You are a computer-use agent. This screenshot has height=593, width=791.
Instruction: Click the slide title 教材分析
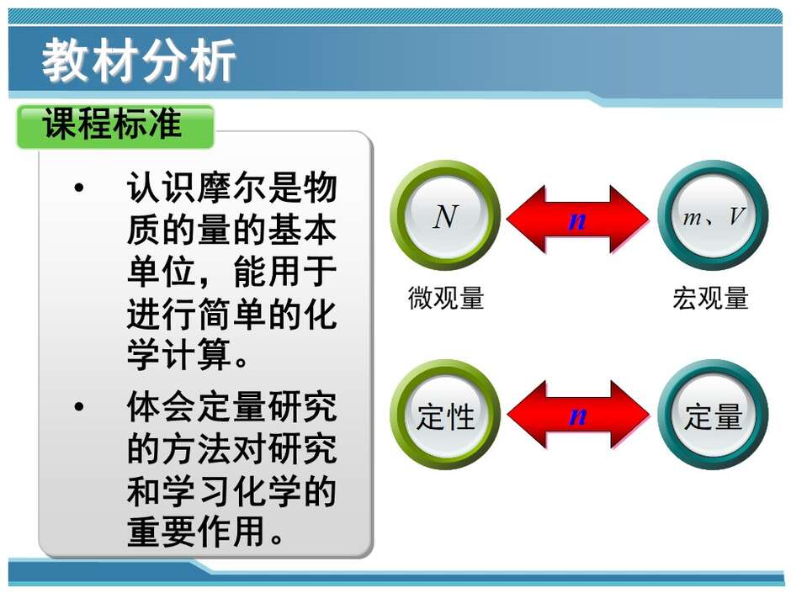[x=139, y=60]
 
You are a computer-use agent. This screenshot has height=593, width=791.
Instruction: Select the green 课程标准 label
[x=115, y=126]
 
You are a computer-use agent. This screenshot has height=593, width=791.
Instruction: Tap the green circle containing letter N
[x=445, y=215]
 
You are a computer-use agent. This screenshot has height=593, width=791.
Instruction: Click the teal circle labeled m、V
[x=713, y=215]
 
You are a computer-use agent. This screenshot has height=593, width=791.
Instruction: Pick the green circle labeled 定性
[x=445, y=415]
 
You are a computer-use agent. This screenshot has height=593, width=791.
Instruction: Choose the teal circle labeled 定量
[x=713, y=415]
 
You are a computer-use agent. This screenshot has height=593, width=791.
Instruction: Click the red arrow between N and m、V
[x=577, y=220]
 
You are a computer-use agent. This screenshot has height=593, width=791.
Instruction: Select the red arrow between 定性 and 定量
[x=577, y=415]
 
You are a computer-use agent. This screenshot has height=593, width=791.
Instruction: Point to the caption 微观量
[x=446, y=298]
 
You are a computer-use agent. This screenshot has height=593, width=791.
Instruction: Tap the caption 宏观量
[x=710, y=298]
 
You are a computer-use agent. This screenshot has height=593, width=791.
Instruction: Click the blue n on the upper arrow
[x=577, y=220]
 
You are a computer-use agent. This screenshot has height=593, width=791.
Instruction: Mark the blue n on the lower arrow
[x=577, y=416]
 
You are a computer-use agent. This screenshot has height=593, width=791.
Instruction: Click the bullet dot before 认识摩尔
[x=79, y=188]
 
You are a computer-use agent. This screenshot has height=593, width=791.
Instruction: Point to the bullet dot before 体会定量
[x=79, y=406]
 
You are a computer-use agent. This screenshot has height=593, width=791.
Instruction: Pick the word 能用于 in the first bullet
[x=284, y=272]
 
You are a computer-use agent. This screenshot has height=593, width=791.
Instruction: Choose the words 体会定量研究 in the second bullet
[x=231, y=406]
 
